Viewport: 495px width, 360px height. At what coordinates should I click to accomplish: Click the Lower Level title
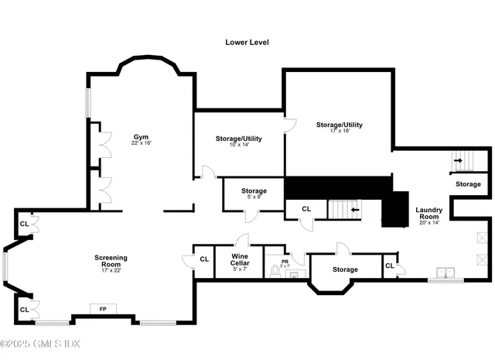pyautogui.click(x=247, y=42)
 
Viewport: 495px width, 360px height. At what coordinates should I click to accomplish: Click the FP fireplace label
pyautogui.click(x=102, y=309)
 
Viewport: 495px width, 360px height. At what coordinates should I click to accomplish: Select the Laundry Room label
pyautogui.click(x=428, y=214)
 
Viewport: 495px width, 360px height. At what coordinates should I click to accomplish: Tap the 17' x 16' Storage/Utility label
pyautogui.click(x=339, y=127)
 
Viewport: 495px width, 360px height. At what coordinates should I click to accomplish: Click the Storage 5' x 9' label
pyautogui.click(x=254, y=194)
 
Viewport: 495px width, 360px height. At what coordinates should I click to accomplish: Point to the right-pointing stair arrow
pyautogui.click(x=459, y=161)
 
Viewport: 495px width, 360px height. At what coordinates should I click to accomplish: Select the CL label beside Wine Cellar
pyautogui.click(x=205, y=259)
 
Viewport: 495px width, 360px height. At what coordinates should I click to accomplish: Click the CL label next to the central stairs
pyautogui.click(x=306, y=209)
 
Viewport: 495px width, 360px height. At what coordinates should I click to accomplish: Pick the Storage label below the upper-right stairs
pyautogui.click(x=467, y=184)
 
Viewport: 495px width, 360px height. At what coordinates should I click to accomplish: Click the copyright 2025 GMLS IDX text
pyautogui.click(x=40, y=344)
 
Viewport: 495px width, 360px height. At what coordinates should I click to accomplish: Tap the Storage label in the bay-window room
pyautogui.click(x=345, y=269)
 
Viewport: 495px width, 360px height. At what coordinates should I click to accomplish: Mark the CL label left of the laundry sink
pyautogui.click(x=389, y=266)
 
